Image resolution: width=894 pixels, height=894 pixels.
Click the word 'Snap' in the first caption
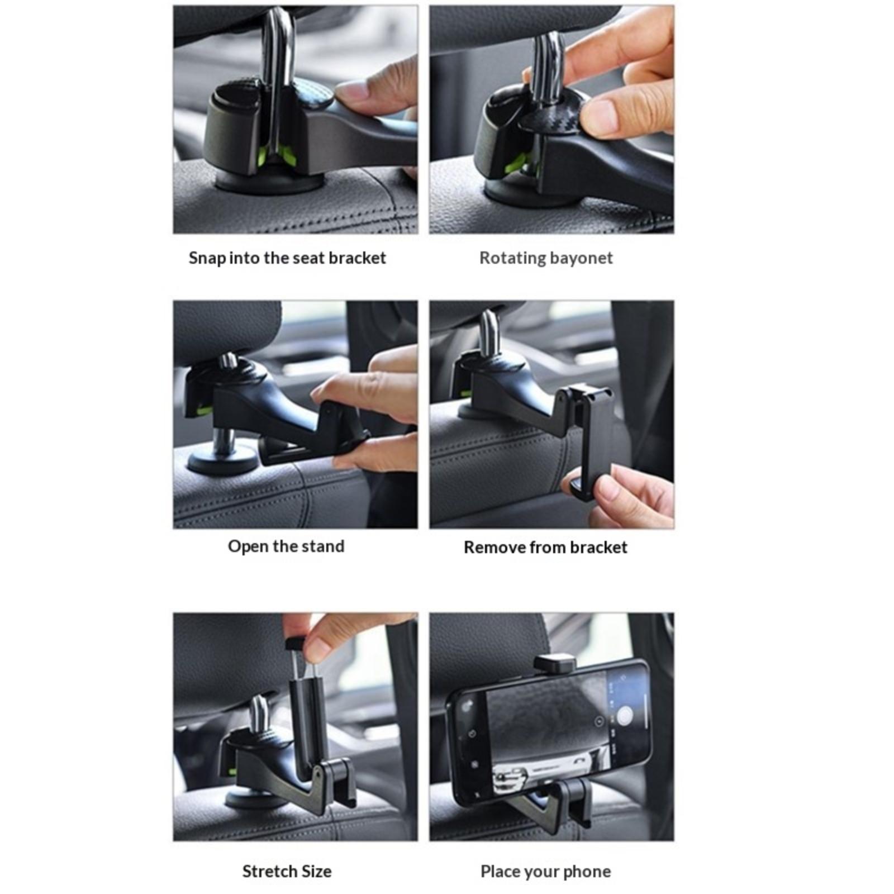tap(207, 258)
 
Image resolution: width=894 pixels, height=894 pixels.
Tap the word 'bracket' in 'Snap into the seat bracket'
tap(357, 258)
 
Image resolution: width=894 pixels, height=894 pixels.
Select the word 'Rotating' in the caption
tap(512, 258)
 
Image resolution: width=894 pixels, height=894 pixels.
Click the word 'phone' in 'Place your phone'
tap(587, 872)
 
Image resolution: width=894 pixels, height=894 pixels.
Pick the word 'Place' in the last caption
tap(498, 872)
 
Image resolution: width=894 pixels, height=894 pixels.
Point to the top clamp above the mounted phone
tap(555, 664)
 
